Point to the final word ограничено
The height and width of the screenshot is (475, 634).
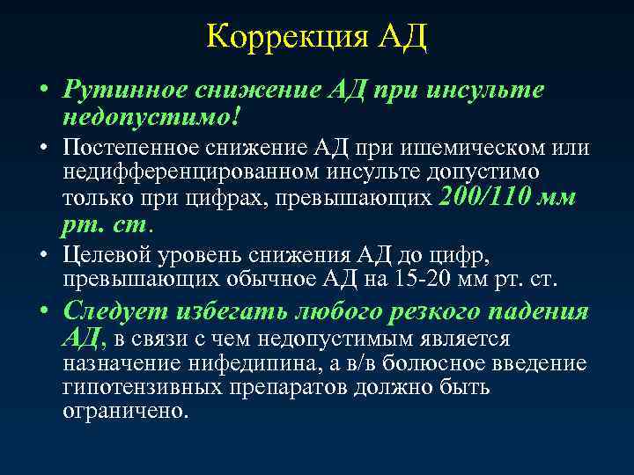coord(126,411)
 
